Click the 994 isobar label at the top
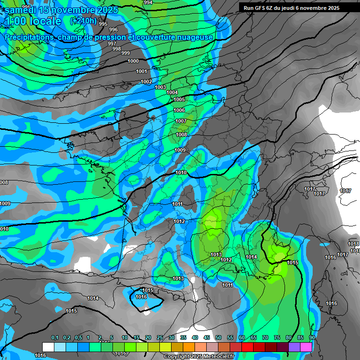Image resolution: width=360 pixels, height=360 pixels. (148, 2)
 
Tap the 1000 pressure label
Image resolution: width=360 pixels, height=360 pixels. (133, 61)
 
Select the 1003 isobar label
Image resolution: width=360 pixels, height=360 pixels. (160, 87)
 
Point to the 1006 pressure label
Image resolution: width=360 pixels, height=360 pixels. (179, 110)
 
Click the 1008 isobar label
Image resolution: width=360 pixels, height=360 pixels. (181, 135)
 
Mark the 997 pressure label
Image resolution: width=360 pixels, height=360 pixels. (112, 44)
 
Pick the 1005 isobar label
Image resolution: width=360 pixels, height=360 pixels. (179, 99)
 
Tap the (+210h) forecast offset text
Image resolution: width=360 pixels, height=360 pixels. (83, 21)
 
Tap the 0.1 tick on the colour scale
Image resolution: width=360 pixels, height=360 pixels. (55, 338)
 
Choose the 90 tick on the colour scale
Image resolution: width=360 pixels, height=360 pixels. (312, 338)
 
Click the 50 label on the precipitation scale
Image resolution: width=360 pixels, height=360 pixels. (218, 338)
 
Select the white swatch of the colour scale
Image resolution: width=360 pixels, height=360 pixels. (48, 347)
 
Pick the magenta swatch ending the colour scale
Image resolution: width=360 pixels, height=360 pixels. (306, 347)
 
